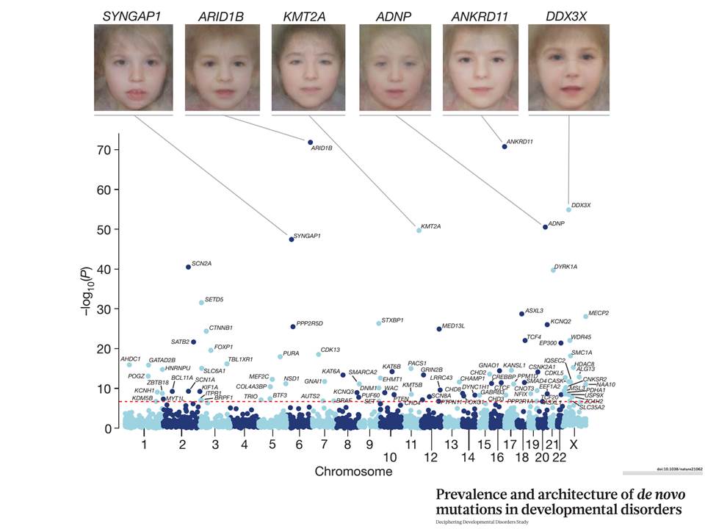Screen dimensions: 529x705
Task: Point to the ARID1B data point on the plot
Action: [310, 142]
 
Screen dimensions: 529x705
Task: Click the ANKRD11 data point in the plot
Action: [505, 147]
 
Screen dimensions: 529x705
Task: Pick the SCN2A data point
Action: [188, 267]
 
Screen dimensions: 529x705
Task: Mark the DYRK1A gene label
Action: [565, 266]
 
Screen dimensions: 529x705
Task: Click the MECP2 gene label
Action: [599, 313]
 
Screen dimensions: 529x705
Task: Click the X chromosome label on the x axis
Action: [574, 445]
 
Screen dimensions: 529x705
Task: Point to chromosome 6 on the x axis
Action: [299, 445]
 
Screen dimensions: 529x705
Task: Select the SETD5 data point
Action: [202, 303]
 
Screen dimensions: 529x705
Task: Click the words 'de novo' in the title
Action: [635, 494]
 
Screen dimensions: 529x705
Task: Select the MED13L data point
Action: [439, 328]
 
